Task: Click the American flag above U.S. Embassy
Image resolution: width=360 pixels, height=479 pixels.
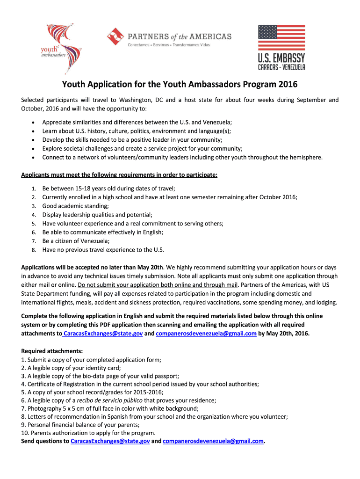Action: tap(281, 38)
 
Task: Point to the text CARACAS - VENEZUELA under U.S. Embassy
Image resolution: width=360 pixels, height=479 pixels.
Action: tap(281, 67)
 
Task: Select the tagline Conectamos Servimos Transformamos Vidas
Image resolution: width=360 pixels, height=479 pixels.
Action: tap(169, 45)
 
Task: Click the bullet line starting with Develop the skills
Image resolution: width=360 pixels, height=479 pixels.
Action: tap(132, 140)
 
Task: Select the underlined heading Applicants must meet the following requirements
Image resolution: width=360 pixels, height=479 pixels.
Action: tap(119, 175)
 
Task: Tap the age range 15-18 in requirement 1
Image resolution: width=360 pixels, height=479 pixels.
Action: tap(87, 188)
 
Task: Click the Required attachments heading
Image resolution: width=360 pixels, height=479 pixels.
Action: tap(52, 351)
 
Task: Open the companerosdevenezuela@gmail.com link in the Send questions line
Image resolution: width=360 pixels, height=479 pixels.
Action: tap(213, 441)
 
